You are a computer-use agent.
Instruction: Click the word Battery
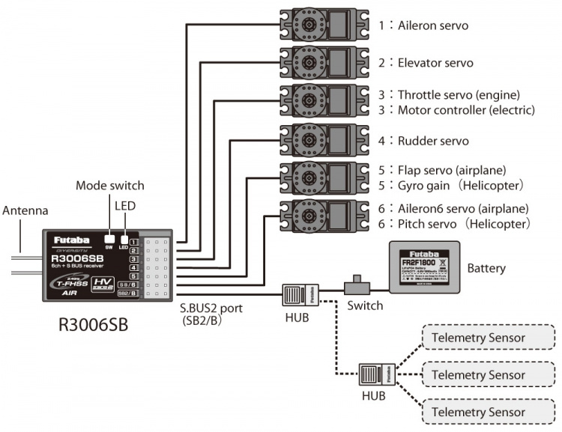[486, 268]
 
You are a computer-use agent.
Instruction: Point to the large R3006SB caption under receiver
[94, 326]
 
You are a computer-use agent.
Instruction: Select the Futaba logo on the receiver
[72, 240]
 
